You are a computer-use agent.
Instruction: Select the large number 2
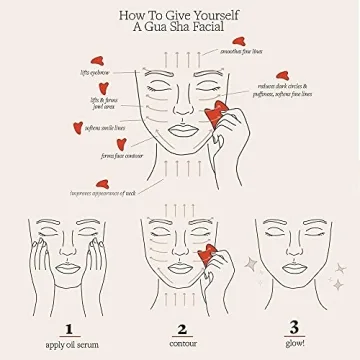(x=181, y=327)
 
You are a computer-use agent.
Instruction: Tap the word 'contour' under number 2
(x=181, y=345)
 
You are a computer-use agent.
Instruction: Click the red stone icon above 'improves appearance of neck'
(x=102, y=183)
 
